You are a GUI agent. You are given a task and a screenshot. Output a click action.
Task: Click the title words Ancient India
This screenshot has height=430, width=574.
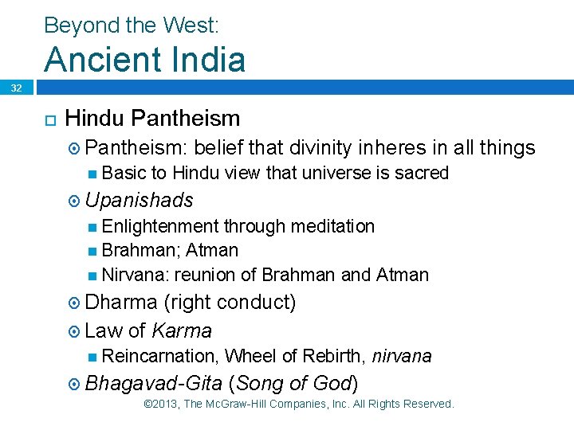coord(144,60)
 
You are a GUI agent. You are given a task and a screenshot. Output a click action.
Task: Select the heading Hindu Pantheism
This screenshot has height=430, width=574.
coord(152,119)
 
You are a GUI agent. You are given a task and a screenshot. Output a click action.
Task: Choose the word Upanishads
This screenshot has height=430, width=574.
coord(139,199)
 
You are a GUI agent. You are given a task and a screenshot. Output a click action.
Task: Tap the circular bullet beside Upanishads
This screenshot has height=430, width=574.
coord(73,200)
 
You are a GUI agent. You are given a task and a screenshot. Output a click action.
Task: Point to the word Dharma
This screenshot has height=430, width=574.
coord(121,303)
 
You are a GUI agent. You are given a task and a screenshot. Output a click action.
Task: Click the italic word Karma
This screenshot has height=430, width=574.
coord(181,330)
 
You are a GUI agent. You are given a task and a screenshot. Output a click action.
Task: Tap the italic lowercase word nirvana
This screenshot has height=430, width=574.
coord(402,356)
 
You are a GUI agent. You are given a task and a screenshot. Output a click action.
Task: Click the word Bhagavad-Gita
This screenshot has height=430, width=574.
coord(153,383)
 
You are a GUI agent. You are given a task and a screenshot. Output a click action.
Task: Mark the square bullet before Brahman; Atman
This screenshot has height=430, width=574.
coord(93,251)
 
